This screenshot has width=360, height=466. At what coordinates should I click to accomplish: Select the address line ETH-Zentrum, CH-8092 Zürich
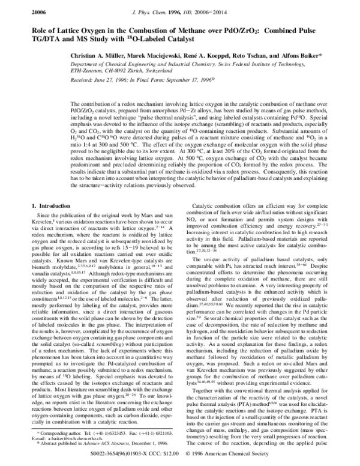click(x=110, y=69)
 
